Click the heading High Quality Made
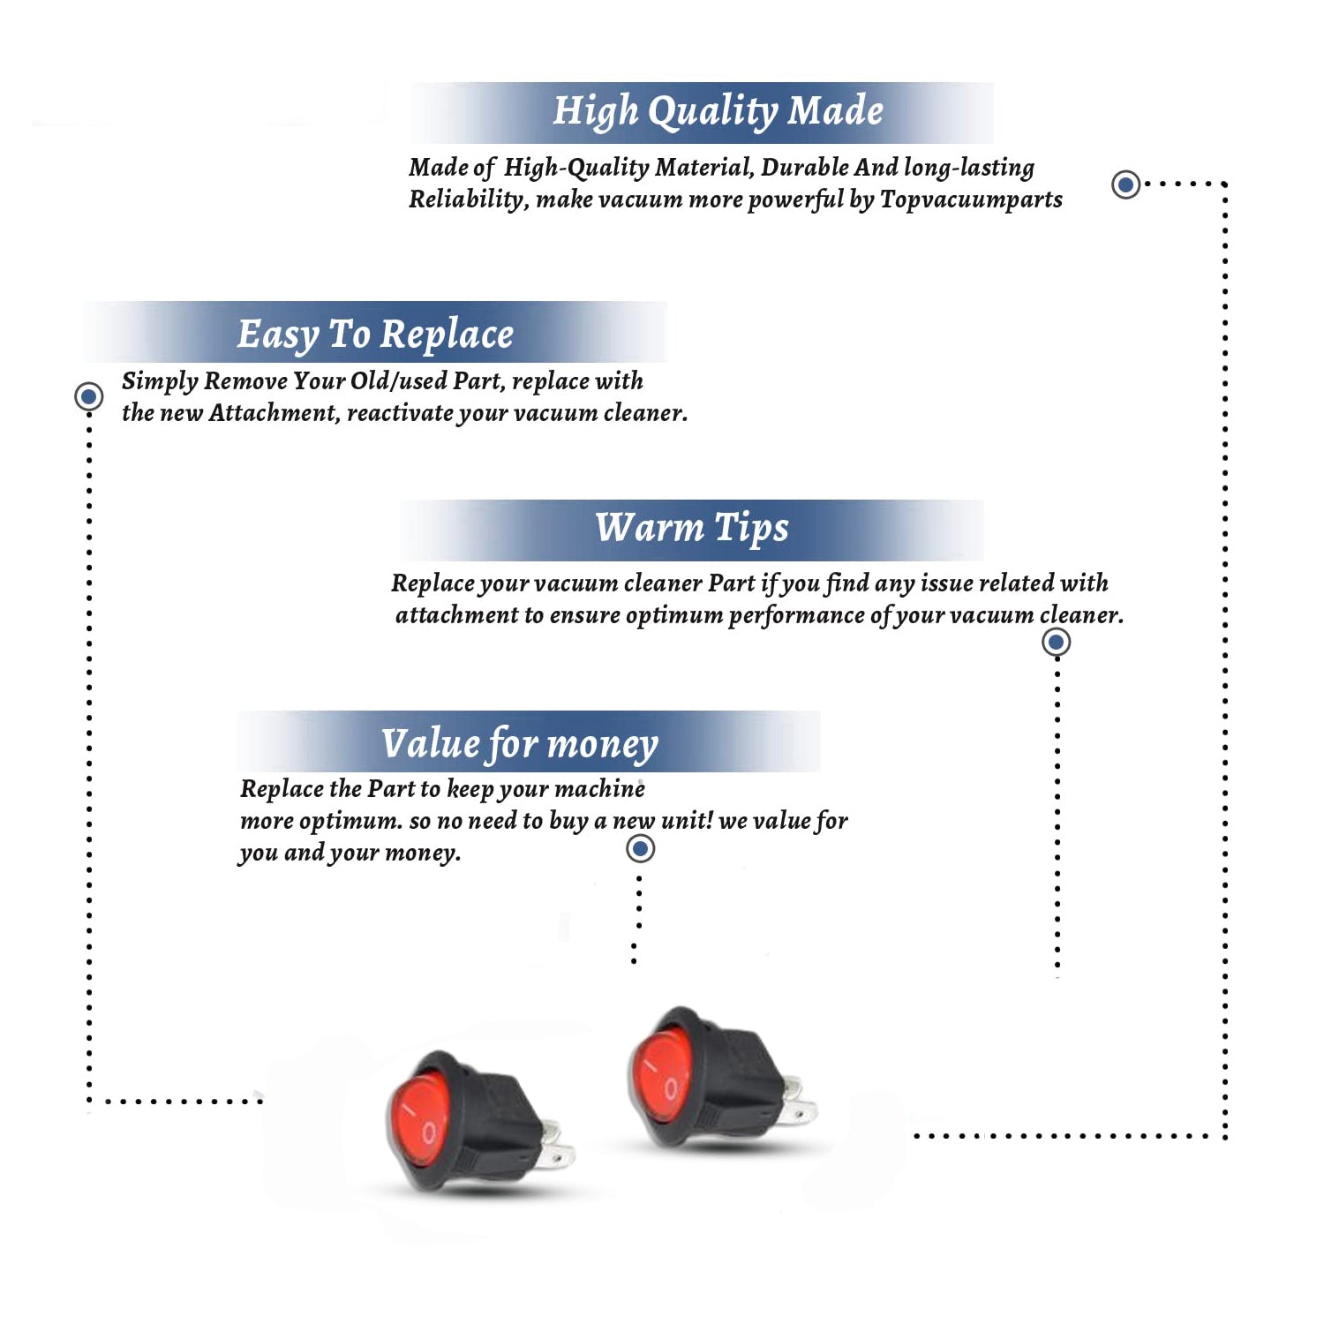pyautogui.click(x=718, y=112)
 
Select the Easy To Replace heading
pyautogui.click(x=375, y=335)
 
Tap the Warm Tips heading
pyautogui.click(x=692, y=528)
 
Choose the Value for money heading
pyautogui.click(x=520, y=744)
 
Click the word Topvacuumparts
pyautogui.click(x=971, y=200)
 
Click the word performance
pyautogui.click(x=797, y=616)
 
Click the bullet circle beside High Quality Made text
pyautogui.click(x=1125, y=184)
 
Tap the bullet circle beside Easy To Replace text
pyautogui.click(x=88, y=396)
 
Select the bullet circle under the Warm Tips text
pyautogui.click(x=1056, y=642)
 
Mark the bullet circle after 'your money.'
pyautogui.click(x=640, y=848)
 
